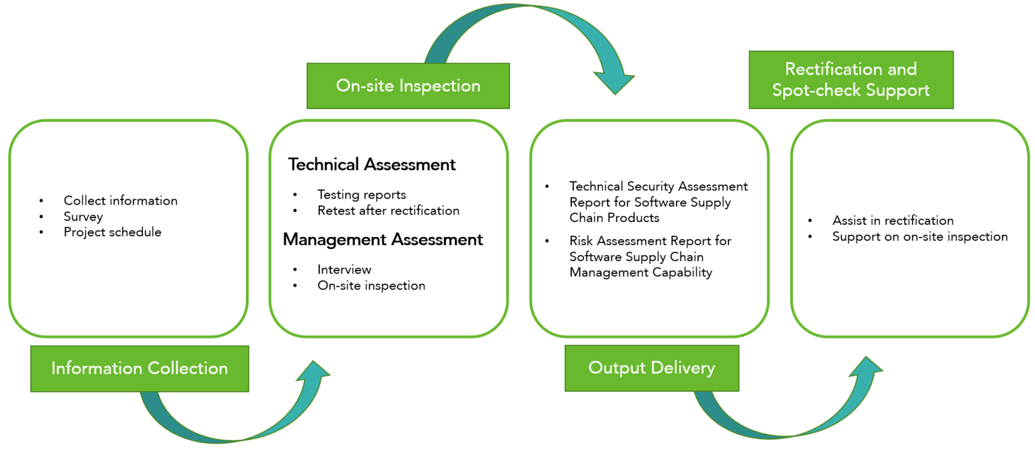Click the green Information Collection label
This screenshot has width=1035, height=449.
(139, 368)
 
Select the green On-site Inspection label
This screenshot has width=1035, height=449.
(408, 85)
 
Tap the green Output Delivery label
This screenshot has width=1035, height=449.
(651, 368)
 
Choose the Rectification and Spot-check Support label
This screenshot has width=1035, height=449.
(850, 79)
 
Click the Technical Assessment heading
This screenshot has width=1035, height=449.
(372, 164)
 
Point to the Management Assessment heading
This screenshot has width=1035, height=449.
(383, 239)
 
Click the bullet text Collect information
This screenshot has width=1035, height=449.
(121, 201)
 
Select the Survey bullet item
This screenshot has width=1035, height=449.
(83, 217)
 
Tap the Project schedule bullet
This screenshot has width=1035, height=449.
(113, 232)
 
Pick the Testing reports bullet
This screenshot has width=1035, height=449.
(361, 195)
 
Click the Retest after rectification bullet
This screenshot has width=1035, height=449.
(388, 211)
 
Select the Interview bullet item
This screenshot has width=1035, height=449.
(344, 269)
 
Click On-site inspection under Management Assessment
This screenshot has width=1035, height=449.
(371, 285)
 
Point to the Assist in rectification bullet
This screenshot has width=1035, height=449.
(893, 221)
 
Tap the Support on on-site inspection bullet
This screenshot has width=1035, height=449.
(920, 237)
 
